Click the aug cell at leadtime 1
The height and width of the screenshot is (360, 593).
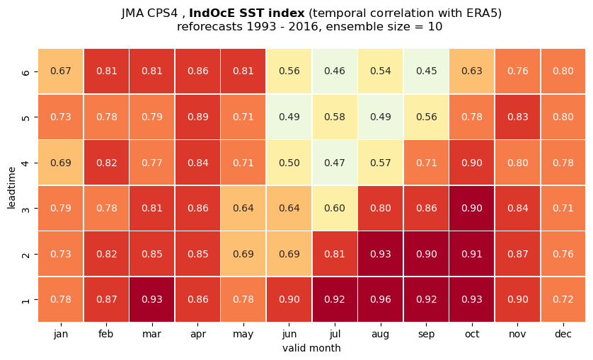(381, 299)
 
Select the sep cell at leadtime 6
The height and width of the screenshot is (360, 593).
(426, 71)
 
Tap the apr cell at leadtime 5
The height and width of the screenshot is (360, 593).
(198, 117)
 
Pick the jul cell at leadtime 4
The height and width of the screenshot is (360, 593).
(335, 163)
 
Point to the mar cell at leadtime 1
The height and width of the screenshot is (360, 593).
(152, 299)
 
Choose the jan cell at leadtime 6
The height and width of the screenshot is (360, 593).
(61, 71)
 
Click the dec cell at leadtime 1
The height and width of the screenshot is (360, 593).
(563, 299)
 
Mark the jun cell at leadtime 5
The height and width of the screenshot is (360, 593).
(289, 117)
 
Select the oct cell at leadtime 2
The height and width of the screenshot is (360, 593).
(472, 254)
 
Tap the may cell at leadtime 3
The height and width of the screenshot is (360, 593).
(243, 208)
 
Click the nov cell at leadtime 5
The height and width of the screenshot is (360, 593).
(517, 117)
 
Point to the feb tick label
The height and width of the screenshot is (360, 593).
(106, 335)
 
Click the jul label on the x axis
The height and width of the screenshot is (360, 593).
(335, 335)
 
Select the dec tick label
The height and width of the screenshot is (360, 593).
(563, 335)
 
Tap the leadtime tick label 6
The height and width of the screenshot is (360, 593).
(25, 71)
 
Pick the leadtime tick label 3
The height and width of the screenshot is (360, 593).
(25, 209)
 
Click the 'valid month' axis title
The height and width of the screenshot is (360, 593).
(311, 348)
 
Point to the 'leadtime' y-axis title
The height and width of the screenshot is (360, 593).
(12, 187)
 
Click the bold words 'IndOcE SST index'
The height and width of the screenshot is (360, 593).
(246, 13)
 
